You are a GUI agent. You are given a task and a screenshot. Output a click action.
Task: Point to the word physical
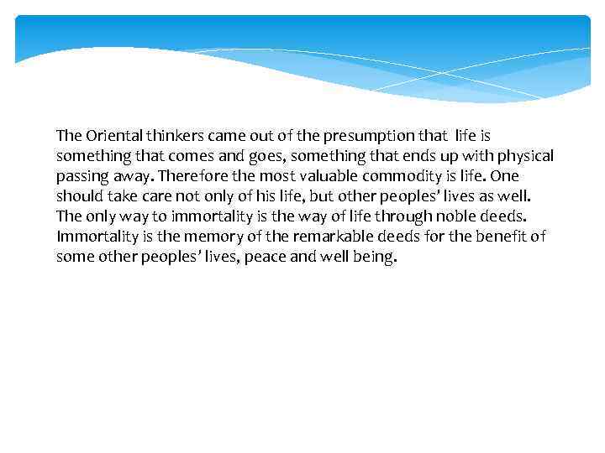(x=524, y=155)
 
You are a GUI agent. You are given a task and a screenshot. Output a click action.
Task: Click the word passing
(x=82, y=176)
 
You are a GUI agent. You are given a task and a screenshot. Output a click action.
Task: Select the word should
(x=78, y=196)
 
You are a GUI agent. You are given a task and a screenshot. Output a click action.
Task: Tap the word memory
(x=208, y=237)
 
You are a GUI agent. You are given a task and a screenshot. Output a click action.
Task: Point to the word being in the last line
(x=376, y=257)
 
